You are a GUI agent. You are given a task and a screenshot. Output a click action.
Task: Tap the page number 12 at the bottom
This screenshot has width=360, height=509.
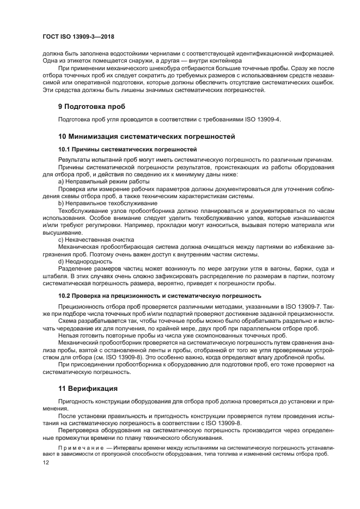(x=46, y=462)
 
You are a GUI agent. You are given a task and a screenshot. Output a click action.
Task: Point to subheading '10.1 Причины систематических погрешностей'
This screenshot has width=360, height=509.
(x=127, y=149)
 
